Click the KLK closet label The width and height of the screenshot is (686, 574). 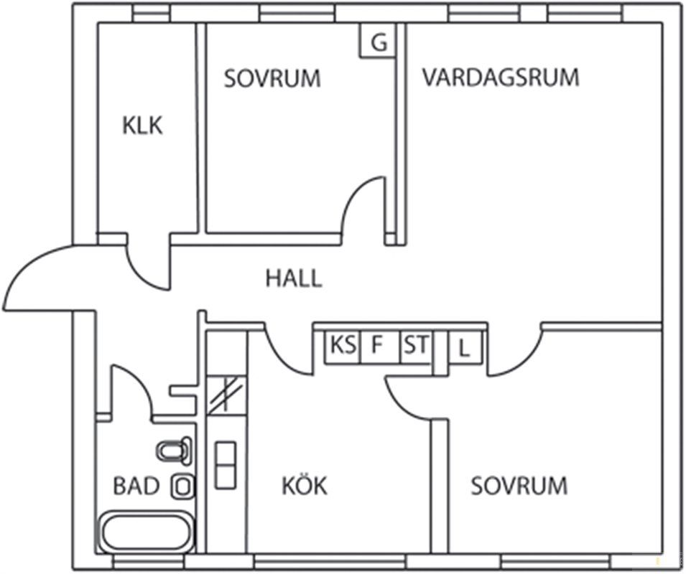pos(142,126)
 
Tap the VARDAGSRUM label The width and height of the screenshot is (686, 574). pos(500,77)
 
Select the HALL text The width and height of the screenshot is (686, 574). pos(294,278)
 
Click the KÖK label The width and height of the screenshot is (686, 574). pos(304,486)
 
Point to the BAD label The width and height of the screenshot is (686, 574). pos(136,486)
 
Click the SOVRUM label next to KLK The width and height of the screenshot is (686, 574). pos(272,78)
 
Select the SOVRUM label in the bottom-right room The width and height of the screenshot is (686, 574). pos(519,486)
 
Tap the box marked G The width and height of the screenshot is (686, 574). pos(378,42)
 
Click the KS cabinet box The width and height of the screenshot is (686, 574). pos(343,346)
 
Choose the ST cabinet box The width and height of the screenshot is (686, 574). pos(414,346)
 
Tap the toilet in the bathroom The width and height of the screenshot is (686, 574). pos(175,451)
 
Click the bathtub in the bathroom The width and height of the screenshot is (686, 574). pos(146,532)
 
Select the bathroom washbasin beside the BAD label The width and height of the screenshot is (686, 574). pos(182,486)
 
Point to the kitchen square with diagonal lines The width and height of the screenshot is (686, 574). pos(226,395)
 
